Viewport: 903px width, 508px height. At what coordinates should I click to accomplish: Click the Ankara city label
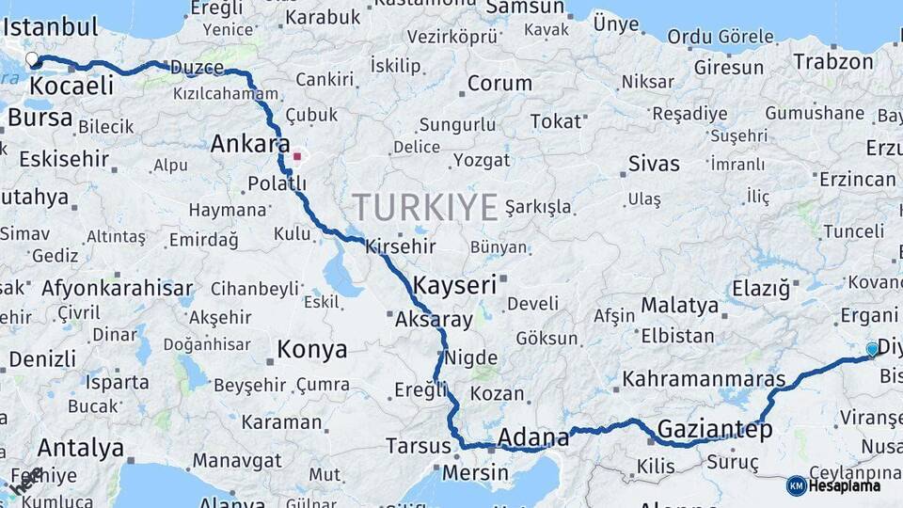tap(249, 144)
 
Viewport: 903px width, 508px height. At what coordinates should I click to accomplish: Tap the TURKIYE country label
tap(425, 206)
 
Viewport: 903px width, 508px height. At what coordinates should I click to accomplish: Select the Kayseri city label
tap(454, 285)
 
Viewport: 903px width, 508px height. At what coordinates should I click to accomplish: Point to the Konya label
tap(311, 350)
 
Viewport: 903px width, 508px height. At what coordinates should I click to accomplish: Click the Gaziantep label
tap(714, 430)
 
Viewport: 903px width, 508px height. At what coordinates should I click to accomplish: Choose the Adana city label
tap(532, 437)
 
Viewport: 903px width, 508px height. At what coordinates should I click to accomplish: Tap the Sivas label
tap(654, 164)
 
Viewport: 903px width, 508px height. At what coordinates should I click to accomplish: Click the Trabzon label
tap(833, 62)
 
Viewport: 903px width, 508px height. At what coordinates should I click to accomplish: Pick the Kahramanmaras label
tap(704, 379)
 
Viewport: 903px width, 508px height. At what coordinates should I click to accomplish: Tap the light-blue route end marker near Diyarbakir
tap(872, 350)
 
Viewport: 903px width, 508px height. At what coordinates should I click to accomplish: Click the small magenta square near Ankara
tap(297, 157)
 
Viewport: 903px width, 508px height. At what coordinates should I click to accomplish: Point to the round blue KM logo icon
tap(796, 485)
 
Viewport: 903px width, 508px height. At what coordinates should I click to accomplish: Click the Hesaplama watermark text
tap(845, 485)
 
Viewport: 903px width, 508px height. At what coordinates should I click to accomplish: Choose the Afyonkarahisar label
tap(117, 288)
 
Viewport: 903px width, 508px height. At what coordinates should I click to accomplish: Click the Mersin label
tap(475, 472)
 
